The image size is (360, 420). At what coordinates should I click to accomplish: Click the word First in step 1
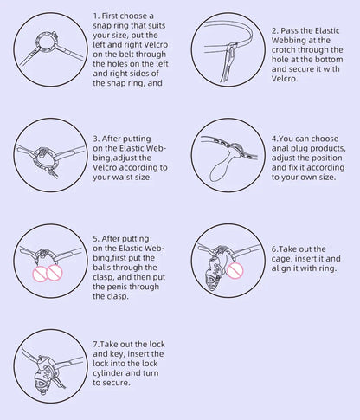click(111, 16)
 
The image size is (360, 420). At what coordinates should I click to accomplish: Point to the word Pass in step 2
click(290, 31)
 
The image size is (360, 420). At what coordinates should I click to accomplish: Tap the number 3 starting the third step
click(96, 139)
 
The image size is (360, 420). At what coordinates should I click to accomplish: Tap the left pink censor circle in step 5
click(39, 275)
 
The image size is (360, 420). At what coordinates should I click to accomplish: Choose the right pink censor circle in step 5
click(55, 272)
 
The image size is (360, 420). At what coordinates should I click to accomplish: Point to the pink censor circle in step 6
click(235, 270)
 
